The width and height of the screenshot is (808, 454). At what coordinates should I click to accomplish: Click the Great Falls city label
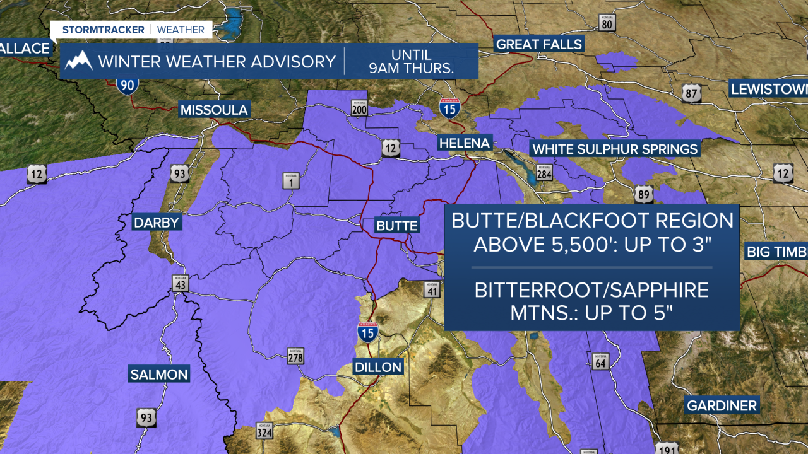pos(539,44)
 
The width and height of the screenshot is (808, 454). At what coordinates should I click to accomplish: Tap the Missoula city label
pos(213,110)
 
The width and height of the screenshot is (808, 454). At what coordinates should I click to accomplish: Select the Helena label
pos(465,143)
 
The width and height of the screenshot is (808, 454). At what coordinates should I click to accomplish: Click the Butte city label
pos(396,226)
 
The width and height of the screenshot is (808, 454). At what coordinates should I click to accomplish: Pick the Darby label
pos(156,223)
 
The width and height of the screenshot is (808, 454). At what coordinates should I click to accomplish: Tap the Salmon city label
pos(158,374)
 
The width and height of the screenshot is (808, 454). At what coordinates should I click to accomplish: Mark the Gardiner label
pos(722,405)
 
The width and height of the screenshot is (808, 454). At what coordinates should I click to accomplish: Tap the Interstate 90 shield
pos(128,84)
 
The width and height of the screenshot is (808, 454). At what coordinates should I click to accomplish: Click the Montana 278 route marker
pos(295,356)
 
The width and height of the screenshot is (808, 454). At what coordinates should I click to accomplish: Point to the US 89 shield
pos(645,195)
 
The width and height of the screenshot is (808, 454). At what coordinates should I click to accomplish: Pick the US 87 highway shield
pos(691,94)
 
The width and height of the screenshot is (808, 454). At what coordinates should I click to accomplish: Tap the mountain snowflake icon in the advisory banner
pos(79,61)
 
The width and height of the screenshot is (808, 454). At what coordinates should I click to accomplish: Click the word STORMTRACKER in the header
pos(104,30)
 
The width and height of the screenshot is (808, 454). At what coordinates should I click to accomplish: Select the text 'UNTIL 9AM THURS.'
pos(411,61)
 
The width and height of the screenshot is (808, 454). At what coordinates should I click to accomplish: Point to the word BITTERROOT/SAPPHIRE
pos(591,290)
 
